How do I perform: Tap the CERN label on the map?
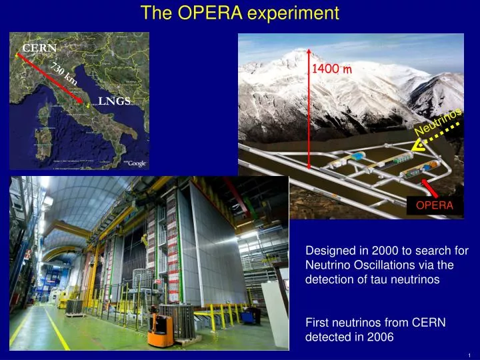point(39,47)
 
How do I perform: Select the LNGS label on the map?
point(115,101)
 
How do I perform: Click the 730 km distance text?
point(64,73)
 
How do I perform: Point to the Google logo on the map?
point(137,163)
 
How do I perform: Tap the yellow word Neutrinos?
point(438,123)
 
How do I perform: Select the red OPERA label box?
point(435,205)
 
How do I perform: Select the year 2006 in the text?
point(381,337)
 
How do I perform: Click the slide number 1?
point(470,355)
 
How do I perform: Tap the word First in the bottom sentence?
point(316,322)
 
